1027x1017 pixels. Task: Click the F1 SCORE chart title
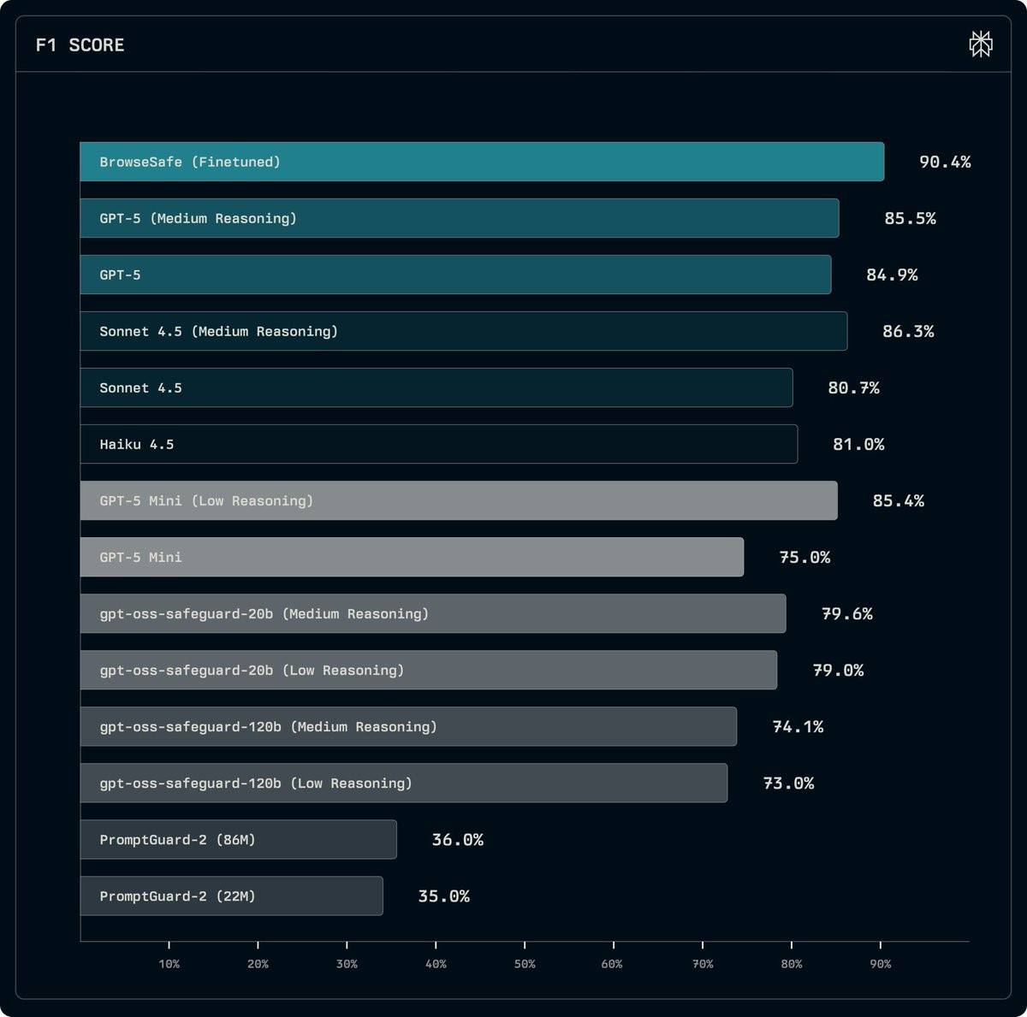click(80, 45)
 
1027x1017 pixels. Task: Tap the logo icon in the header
click(981, 44)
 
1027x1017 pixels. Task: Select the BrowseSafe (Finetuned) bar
click(482, 162)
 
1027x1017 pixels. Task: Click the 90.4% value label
click(945, 162)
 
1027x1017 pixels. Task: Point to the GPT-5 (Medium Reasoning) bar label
click(198, 218)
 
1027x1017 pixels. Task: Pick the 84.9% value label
click(892, 275)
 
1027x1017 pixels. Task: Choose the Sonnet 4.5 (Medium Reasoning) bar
click(463, 331)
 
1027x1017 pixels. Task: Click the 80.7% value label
click(853, 387)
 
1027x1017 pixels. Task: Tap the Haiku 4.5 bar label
click(137, 444)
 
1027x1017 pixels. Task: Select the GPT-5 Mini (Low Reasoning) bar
click(459, 500)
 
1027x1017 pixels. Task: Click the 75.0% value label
click(804, 557)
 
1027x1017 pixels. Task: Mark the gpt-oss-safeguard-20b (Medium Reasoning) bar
click(432, 613)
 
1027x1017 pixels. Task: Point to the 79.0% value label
click(838, 670)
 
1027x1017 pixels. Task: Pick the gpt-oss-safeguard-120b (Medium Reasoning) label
click(268, 726)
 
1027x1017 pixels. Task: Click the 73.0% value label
click(788, 783)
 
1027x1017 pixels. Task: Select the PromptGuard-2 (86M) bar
click(238, 839)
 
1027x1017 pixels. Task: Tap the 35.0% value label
click(443, 896)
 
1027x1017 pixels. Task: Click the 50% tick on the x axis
click(525, 944)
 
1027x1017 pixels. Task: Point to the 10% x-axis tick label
click(169, 964)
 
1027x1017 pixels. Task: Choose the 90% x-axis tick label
click(881, 964)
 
